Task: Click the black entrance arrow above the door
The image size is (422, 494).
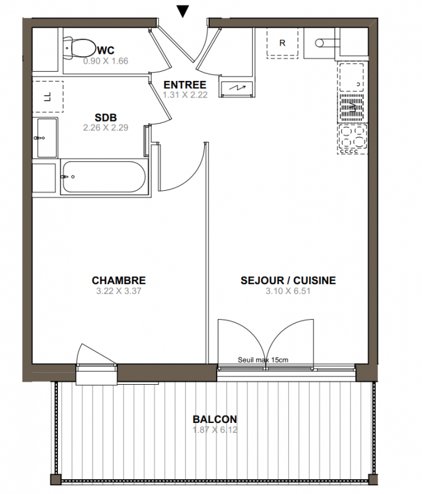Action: pos(183,11)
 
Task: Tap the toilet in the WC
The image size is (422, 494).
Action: pos(80,49)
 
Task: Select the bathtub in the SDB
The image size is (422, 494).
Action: pos(104,177)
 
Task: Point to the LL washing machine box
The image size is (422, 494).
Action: pos(48,97)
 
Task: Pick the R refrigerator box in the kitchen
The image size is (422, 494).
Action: pos(283,43)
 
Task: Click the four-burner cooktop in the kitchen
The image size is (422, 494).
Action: pos(352,139)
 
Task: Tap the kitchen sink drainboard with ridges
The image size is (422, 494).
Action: pos(352,107)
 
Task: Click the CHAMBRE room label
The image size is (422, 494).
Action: pos(118,280)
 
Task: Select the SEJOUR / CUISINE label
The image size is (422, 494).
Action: pos(288,280)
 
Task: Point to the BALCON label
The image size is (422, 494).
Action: pos(215,419)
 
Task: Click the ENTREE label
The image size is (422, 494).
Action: pos(184,85)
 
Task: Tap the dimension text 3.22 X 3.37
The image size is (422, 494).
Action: pos(118,291)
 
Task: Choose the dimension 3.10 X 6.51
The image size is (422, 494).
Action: pos(288,291)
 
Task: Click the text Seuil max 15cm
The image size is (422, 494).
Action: pos(263,360)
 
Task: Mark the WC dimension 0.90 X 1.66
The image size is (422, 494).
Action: pos(105,61)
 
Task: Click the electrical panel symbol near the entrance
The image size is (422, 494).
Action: pos(237,88)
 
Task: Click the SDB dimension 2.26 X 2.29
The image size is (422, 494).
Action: pos(105,128)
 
